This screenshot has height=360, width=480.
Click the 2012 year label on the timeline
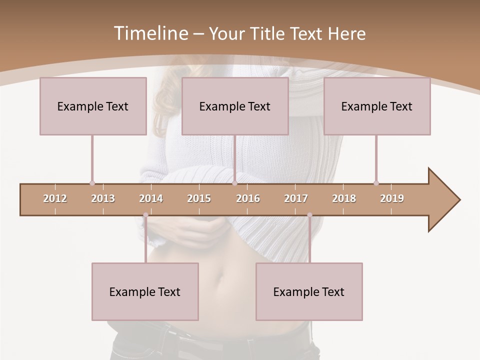point(55,198)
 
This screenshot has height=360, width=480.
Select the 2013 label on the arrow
point(103,198)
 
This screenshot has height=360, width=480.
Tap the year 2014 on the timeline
point(151,198)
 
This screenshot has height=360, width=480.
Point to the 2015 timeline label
point(199,198)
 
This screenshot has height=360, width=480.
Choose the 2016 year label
point(248,198)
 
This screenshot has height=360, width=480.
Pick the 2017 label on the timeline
point(296,198)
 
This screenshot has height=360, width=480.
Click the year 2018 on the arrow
point(344,198)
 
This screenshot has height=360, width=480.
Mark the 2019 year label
point(392,198)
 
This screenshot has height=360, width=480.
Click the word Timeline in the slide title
point(150,33)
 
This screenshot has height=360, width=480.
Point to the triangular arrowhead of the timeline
point(443,200)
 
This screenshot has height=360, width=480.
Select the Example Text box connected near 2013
point(93,106)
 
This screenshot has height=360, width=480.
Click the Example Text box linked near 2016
point(235,106)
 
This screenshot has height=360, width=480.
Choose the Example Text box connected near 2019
point(377,106)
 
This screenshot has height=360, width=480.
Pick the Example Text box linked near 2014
point(145,291)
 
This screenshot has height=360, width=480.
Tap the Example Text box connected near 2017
point(309,291)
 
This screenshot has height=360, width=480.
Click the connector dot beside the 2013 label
point(92,183)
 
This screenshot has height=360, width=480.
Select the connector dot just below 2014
point(145,215)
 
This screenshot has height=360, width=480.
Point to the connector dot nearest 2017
point(309,215)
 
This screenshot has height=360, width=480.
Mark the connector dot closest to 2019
point(376,183)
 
